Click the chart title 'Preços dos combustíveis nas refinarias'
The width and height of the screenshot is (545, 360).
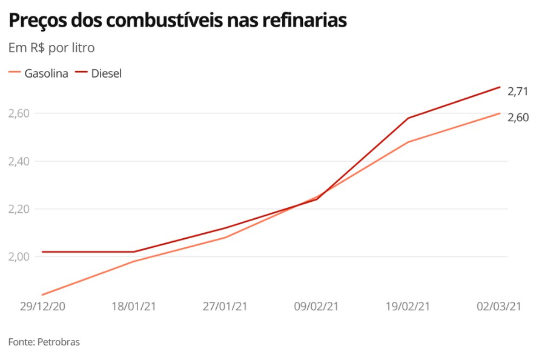pos(177,21)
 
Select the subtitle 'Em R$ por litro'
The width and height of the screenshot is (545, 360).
pos(51,48)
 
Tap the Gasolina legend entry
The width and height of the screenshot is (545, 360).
pos(39,73)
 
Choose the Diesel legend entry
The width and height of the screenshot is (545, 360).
pos(99,73)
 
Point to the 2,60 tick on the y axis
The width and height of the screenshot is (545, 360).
pos(19,113)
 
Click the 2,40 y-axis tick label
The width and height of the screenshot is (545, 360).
pos(19,161)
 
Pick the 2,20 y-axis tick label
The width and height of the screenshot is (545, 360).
pos(19,209)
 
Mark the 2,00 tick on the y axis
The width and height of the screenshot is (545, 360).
pos(19,257)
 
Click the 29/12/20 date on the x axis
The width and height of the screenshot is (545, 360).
pos(42,307)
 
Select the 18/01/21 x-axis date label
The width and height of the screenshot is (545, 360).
pos(134,307)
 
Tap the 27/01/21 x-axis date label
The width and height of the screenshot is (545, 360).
pos(225,307)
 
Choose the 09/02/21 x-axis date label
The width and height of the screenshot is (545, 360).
pos(316,307)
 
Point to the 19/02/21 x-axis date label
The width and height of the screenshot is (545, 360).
pos(408,307)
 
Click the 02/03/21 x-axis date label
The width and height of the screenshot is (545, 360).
pos(499,307)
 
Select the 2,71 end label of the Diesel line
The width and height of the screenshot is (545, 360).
pos(518,92)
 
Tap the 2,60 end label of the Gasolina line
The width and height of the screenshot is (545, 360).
pos(518,118)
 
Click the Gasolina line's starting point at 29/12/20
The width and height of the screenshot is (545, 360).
pos(42,295)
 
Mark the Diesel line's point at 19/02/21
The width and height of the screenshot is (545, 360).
pos(408,118)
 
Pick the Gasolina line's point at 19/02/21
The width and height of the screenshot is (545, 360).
pos(408,142)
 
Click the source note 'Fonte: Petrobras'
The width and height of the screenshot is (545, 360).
pos(44,342)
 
